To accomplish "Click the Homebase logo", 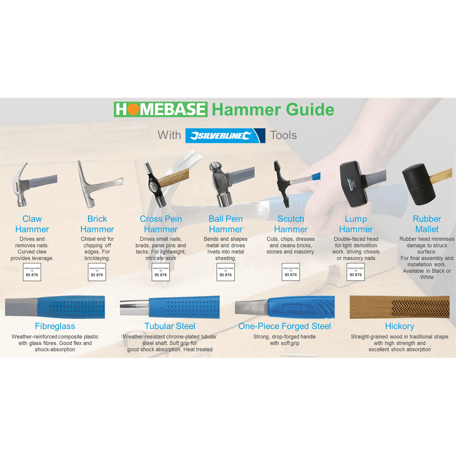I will (x=161, y=109).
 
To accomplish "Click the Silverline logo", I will (x=225, y=136).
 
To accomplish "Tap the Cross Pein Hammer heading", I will (x=161, y=224).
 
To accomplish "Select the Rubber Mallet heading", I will (x=427, y=224).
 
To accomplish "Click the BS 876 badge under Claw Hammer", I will (x=32, y=272).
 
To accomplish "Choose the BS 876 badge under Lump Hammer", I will (x=356, y=272).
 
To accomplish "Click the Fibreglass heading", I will (x=55, y=326).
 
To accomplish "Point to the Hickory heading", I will (x=399, y=326).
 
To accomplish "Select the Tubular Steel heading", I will (x=170, y=326).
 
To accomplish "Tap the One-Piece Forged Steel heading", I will (x=285, y=326).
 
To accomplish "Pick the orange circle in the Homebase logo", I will (x=133, y=109).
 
